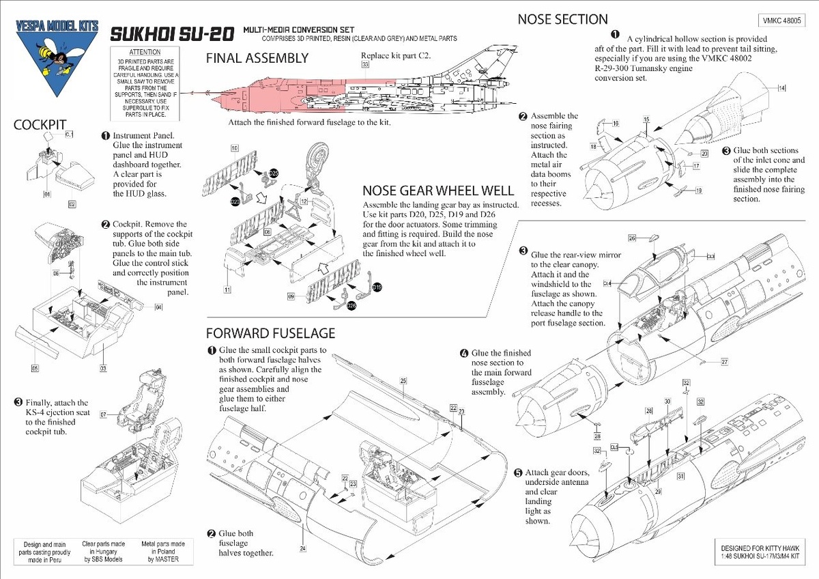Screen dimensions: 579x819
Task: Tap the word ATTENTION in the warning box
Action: (144, 53)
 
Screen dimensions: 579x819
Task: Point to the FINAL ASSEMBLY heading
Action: (257, 59)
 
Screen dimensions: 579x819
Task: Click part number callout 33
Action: (366, 64)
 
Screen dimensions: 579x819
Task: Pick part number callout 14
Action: (781, 88)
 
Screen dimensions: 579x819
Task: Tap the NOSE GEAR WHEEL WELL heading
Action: (429, 191)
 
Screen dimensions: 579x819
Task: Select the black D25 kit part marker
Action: (274, 173)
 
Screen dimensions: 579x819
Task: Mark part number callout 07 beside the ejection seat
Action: (104, 414)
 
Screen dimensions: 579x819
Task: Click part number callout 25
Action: (403, 380)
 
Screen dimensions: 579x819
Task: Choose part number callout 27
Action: (725, 361)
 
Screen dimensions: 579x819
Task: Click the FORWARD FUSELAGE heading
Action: (271, 333)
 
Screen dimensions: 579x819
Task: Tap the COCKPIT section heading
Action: (40, 125)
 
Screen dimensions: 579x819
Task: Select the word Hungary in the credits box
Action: (101, 552)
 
